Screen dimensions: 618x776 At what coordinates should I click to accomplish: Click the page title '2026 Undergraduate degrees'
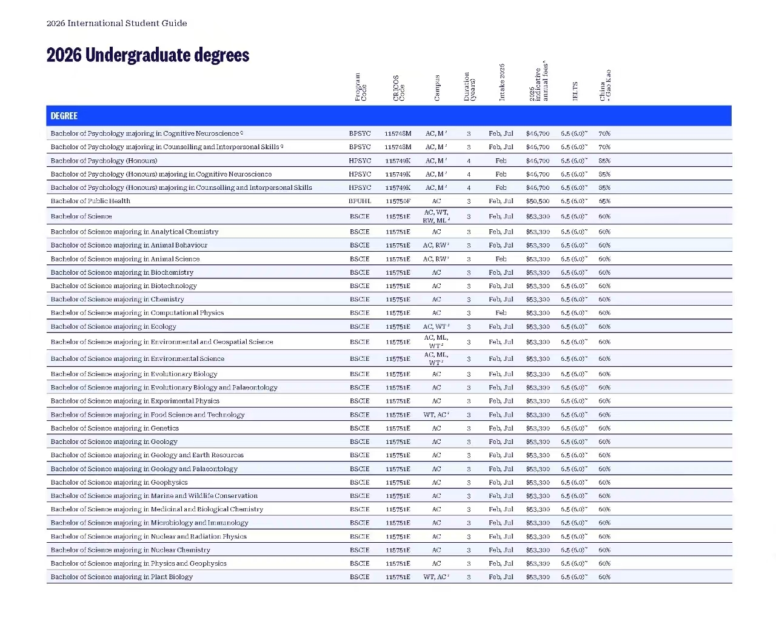147,55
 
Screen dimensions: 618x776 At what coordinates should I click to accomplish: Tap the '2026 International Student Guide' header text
116,23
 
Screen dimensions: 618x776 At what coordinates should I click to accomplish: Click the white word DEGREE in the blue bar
64,116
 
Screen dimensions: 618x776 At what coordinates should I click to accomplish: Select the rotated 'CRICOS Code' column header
398,88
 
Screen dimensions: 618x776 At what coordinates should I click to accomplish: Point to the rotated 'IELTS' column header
575,91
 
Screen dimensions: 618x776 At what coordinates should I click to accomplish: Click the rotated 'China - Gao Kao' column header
605,85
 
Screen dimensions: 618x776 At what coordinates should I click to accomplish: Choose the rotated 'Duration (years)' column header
469,87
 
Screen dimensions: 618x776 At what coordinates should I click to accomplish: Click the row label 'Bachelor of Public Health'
90,201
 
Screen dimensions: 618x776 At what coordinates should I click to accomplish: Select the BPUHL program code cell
360,201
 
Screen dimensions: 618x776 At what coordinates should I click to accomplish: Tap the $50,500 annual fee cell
538,201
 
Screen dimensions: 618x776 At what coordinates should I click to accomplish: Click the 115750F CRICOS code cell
398,201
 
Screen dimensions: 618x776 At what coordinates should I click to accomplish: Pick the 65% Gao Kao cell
604,201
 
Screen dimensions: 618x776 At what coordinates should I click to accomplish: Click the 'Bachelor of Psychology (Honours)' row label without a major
104,161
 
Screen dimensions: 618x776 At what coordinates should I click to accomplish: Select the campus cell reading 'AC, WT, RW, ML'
436,217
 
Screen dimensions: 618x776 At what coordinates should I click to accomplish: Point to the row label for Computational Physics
137,313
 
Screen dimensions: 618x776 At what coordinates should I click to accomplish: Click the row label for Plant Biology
121,577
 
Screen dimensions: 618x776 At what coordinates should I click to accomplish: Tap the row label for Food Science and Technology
147,415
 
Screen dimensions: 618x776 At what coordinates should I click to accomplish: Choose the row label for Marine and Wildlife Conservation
154,495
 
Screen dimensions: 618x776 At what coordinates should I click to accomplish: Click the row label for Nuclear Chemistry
130,550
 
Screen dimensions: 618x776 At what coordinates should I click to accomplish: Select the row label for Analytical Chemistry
135,232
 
